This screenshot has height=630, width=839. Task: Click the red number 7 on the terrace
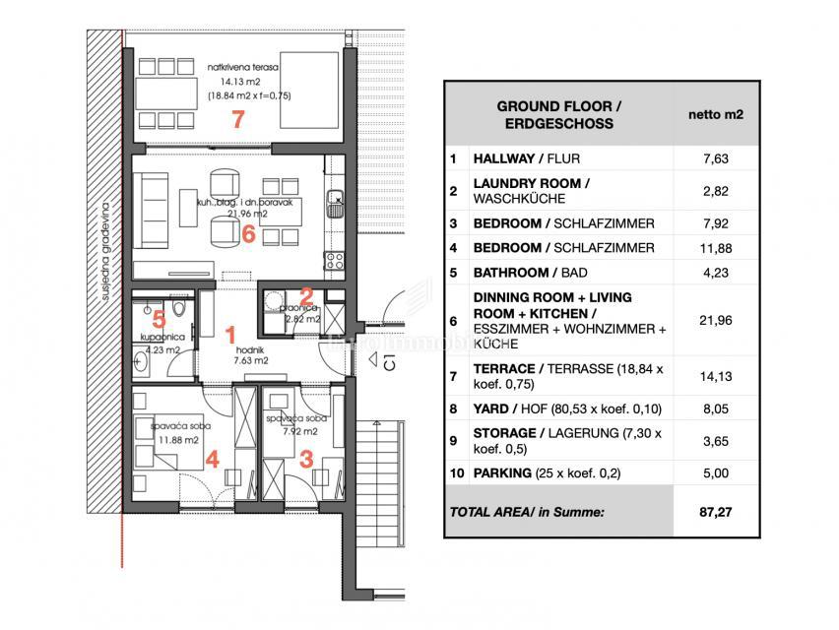tap(236, 120)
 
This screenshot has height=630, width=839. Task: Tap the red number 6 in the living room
tap(248, 234)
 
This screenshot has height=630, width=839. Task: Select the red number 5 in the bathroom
tap(160, 318)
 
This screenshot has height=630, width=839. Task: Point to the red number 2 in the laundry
tap(307, 294)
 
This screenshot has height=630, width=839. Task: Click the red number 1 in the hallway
tap(231, 334)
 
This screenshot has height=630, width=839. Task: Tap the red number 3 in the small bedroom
tap(306, 458)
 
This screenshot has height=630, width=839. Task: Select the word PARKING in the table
tap(504, 472)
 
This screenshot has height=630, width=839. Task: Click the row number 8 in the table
tap(453, 409)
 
